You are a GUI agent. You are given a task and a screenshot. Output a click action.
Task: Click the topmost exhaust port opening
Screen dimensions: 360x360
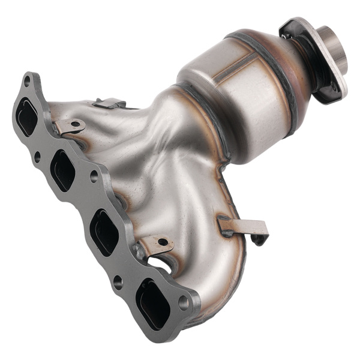27,118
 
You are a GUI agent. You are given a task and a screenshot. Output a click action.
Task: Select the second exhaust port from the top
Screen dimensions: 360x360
63,170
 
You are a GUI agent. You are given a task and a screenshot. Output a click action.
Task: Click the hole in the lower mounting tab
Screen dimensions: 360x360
163,242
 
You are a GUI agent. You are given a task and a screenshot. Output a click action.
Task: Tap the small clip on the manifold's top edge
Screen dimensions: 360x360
108,103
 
